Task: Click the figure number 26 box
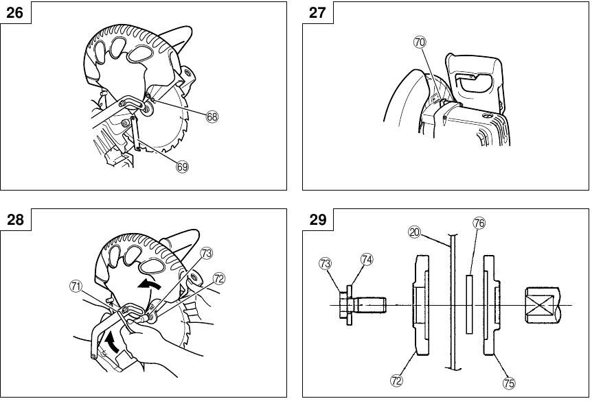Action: [x=14, y=12]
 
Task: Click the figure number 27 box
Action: [x=317, y=12]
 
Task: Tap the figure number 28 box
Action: [x=14, y=221]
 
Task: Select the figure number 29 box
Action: [x=317, y=221]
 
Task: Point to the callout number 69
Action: [x=182, y=166]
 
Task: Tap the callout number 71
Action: [x=76, y=287]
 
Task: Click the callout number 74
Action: [x=367, y=259]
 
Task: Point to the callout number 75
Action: [x=509, y=381]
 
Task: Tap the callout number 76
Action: [x=479, y=223]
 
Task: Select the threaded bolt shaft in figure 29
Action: [x=371, y=304]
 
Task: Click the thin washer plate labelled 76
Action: [x=470, y=304]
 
